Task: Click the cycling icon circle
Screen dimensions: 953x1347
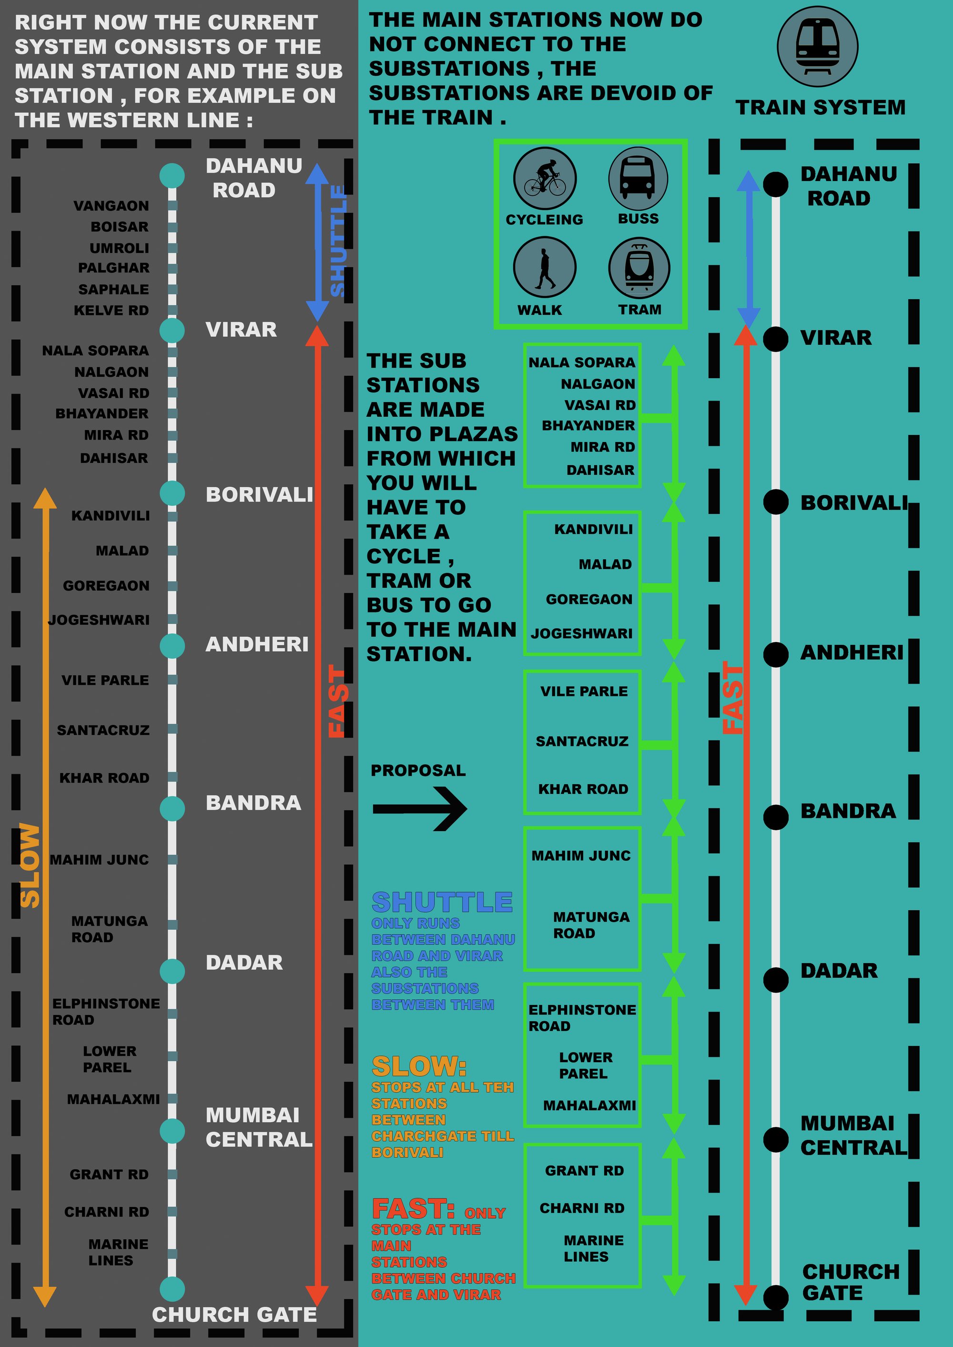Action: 545,178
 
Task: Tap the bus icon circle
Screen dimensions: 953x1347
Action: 638,178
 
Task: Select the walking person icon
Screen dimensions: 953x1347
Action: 545,268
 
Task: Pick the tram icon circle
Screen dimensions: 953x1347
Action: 639,268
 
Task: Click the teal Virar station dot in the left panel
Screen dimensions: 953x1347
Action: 172,330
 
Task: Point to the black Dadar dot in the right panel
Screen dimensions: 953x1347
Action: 775,980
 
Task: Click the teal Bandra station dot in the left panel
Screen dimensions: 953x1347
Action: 172,808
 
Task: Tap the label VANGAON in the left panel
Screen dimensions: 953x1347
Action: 111,206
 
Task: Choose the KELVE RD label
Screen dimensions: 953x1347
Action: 111,311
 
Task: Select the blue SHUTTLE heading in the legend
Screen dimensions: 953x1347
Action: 442,902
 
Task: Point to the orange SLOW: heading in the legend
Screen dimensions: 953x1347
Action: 419,1066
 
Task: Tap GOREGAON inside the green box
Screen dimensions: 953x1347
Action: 588,599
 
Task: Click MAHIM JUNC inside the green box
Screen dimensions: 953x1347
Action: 581,855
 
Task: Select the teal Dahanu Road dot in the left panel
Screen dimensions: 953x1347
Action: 172,175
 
